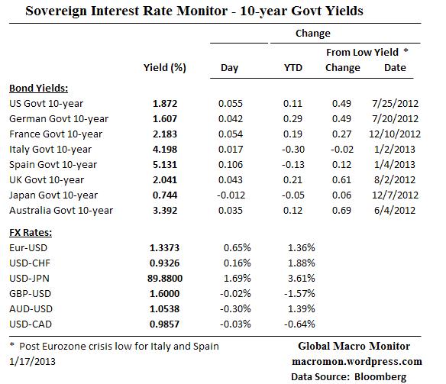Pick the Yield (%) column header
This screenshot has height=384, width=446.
coord(164,67)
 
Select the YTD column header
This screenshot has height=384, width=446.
coord(292,67)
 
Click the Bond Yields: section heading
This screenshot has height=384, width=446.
coord(39,87)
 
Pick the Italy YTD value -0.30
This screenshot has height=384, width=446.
coord(293,148)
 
